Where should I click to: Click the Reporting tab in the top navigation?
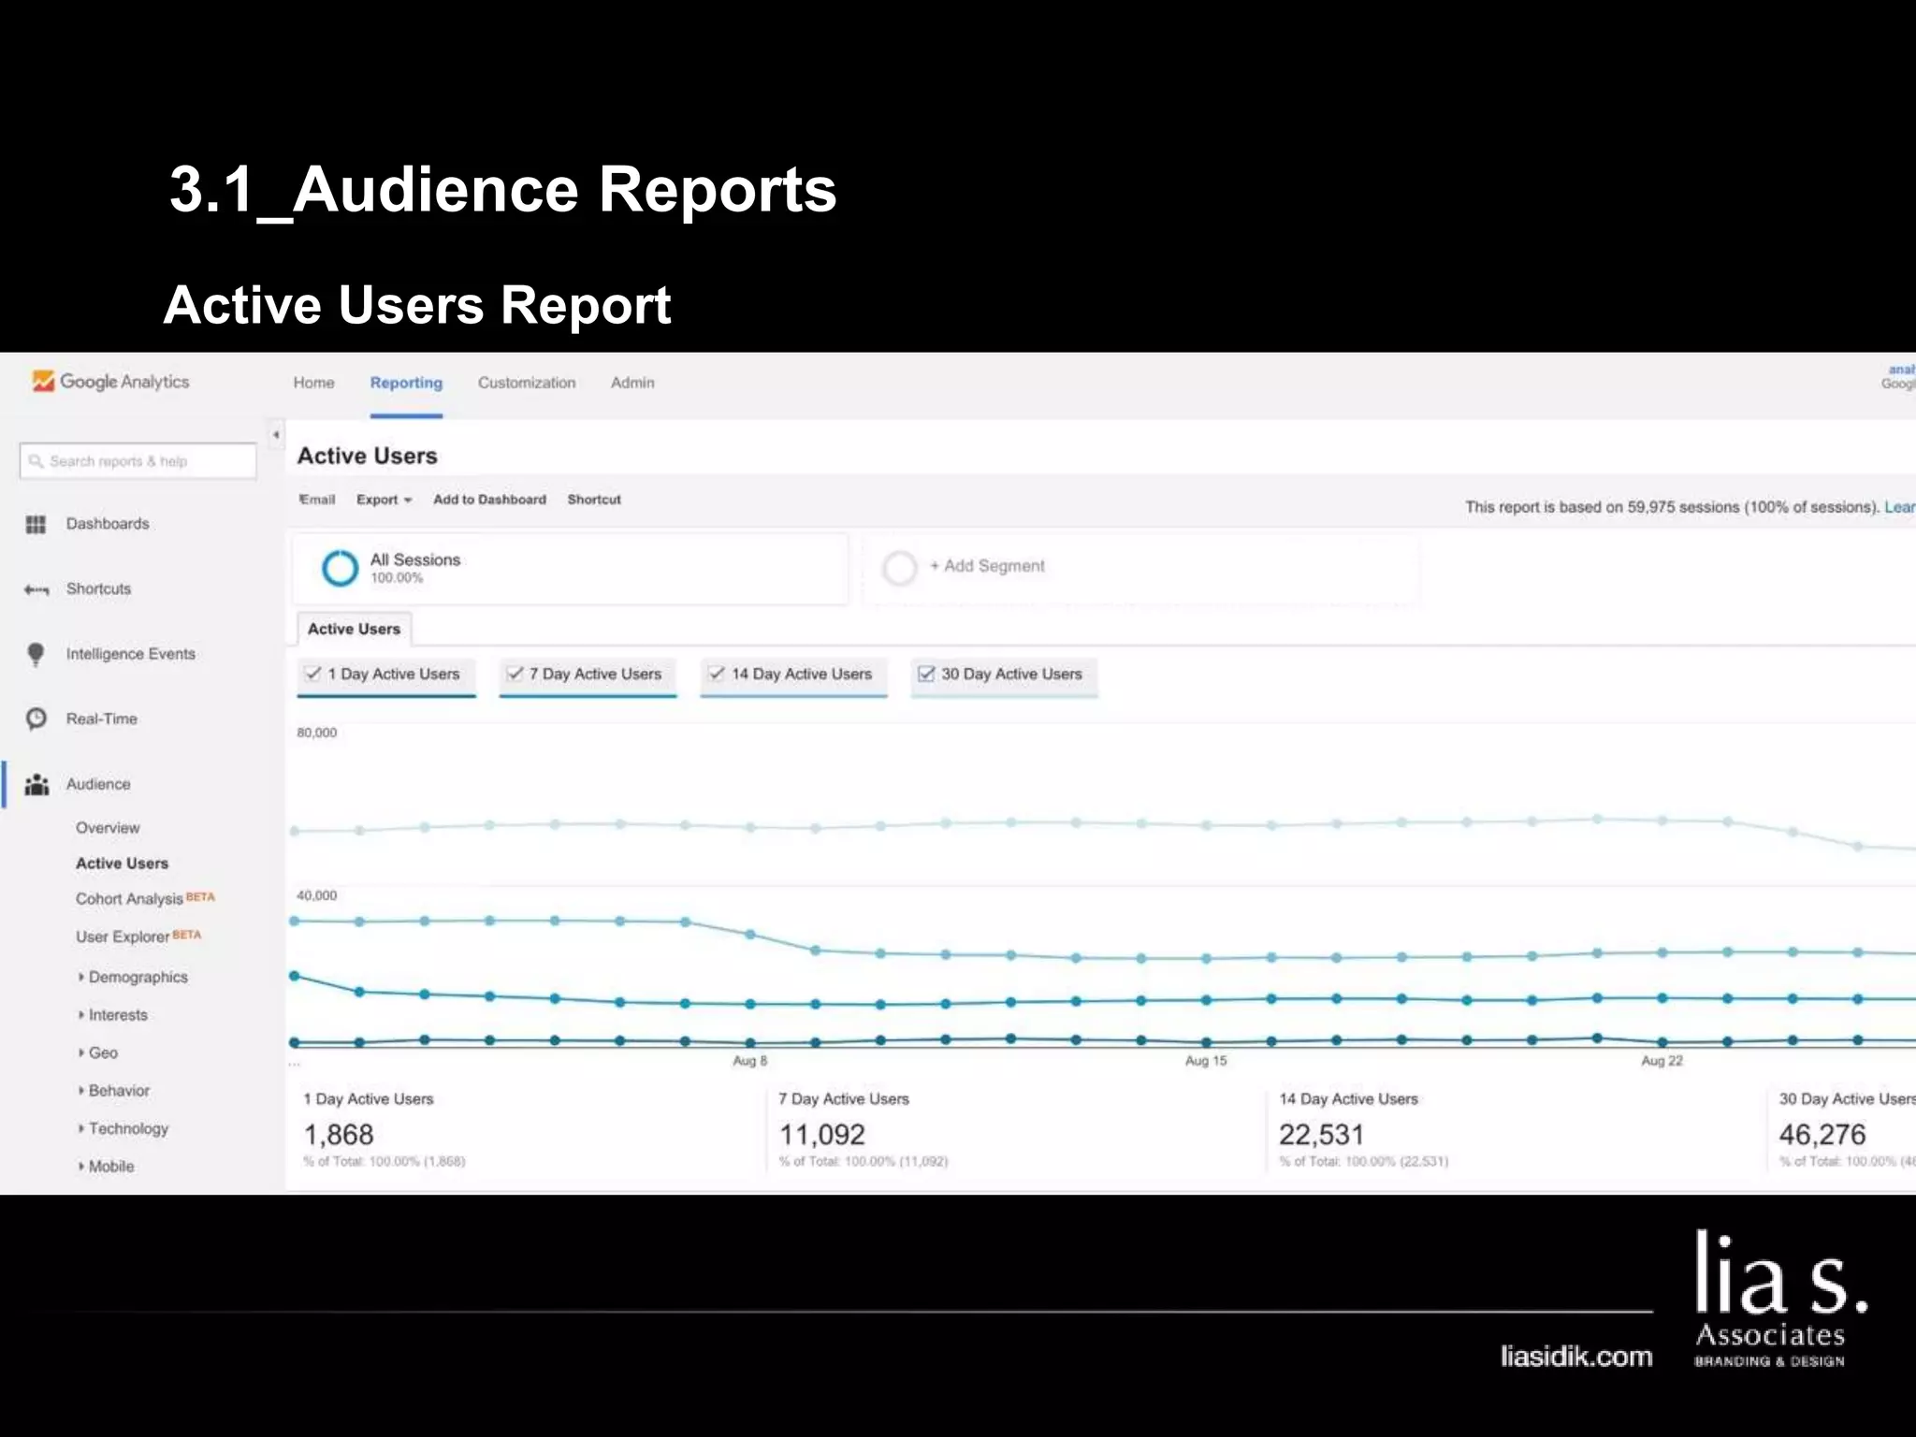pos(406,383)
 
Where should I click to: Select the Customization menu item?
pos(527,383)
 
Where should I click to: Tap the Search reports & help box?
pos(138,461)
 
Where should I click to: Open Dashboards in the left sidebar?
pos(107,524)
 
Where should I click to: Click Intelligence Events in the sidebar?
pos(130,654)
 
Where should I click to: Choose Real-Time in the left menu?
pos(101,718)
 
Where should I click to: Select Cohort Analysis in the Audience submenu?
pos(129,898)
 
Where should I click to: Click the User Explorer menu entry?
pos(123,936)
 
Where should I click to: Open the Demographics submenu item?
pos(138,977)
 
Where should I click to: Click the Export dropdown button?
pos(384,500)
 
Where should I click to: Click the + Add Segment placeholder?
pos(994,566)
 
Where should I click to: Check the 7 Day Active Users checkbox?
pos(515,674)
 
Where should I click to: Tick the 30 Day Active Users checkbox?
pos(926,674)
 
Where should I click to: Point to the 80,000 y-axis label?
pos(317,733)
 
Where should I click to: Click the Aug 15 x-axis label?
pos(1205,1061)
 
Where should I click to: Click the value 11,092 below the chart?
pos(822,1135)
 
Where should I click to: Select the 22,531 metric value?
pos(1321,1135)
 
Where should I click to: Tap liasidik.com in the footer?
pos(1576,1357)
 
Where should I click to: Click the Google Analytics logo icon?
pos(43,381)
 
